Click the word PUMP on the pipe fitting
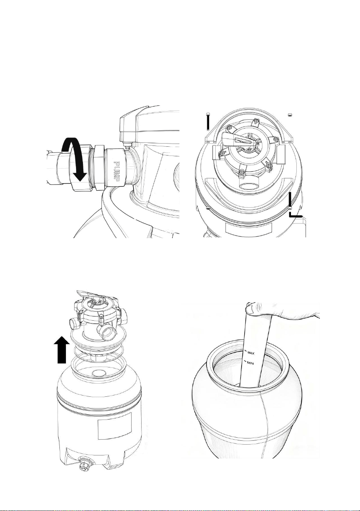(x=117, y=171)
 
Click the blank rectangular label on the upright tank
(x=115, y=426)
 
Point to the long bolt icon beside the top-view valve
(x=208, y=121)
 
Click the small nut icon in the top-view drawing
(x=290, y=115)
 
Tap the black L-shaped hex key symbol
(x=294, y=206)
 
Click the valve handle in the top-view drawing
(x=235, y=139)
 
